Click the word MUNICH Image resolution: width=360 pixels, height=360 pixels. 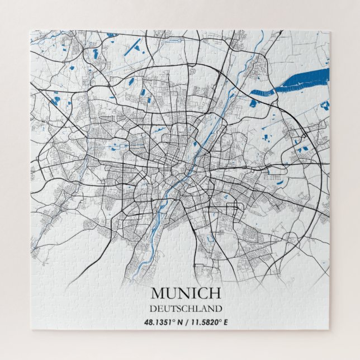[x=186, y=293]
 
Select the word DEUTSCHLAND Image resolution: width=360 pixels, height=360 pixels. [x=186, y=308]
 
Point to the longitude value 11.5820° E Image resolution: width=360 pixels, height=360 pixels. [x=207, y=322]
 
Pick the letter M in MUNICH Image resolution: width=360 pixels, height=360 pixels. [x=158, y=293]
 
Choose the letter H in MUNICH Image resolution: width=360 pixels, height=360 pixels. [x=215, y=293]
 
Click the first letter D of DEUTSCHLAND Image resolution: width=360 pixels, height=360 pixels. [x=153, y=308]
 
